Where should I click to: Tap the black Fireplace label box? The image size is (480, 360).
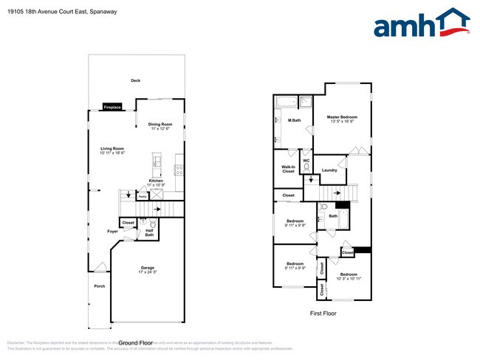coord(112,106)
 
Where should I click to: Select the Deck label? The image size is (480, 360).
coord(135,80)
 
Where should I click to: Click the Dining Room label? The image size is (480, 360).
coord(160,126)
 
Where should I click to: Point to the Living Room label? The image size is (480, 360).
coord(112,150)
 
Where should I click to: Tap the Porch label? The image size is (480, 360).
coord(99,286)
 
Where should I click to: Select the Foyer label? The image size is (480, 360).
coord(112,232)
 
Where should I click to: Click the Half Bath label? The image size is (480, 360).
coord(149,232)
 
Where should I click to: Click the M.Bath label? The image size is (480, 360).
coord(294,120)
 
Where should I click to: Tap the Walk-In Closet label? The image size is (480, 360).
coord(288,169)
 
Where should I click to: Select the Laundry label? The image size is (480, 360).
coord(329,170)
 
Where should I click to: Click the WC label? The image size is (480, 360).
coord(306,159)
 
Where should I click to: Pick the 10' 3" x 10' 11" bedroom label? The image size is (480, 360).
coord(349,276)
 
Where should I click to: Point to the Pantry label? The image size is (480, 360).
coord(143,197)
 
